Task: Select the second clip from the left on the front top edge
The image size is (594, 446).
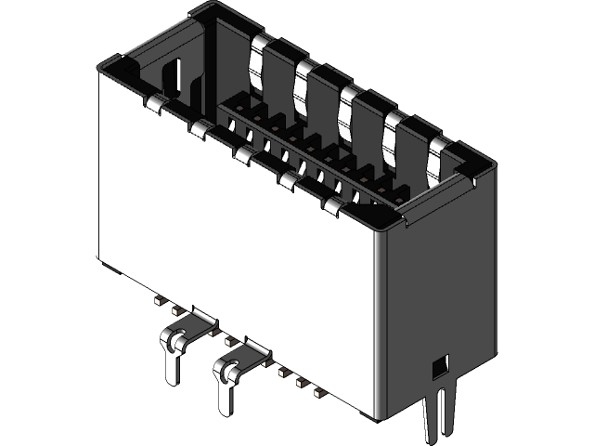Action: (200, 127)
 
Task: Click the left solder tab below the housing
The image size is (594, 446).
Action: (174, 348)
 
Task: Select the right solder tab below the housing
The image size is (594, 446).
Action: (226, 376)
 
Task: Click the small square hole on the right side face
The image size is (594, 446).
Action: (439, 365)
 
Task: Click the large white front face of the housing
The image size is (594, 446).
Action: (232, 242)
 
